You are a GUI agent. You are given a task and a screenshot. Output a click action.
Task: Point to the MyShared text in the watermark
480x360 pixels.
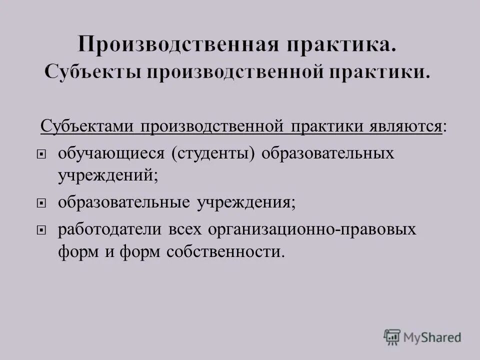431,337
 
